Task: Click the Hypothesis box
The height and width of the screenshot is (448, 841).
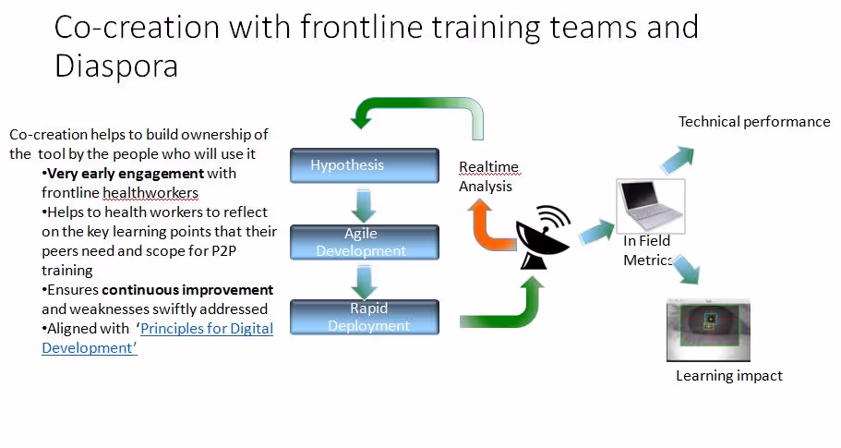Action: [x=365, y=165]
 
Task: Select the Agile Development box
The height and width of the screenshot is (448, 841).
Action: [x=365, y=242]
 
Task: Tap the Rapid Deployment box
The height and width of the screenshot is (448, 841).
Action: [x=365, y=317]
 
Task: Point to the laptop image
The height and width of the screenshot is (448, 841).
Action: [x=651, y=207]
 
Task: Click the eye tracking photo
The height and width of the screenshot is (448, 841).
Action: [x=707, y=329]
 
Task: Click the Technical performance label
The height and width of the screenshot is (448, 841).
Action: [x=754, y=122]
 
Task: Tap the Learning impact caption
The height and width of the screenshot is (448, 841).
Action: [x=728, y=376]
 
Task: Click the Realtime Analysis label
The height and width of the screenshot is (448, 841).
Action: [x=488, y=176]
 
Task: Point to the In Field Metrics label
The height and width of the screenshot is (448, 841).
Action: [x=647, y=250]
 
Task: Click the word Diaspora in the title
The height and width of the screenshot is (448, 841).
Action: [x=116, y=67]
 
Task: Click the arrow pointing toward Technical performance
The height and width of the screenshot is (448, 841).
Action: [x=678, y=158]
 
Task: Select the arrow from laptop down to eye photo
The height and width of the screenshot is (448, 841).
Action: [x=685, y=271]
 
